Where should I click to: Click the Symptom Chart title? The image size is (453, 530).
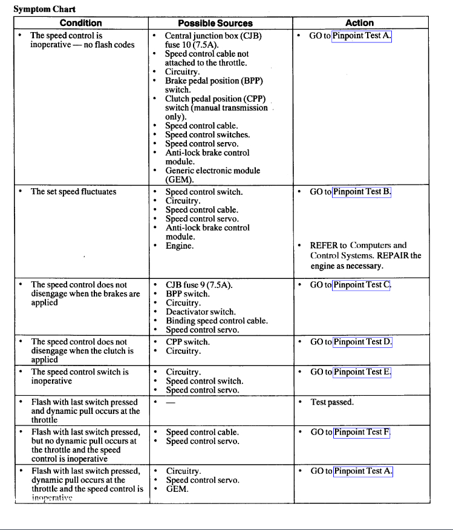coord(41,9)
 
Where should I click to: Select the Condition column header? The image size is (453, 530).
coord(81,23)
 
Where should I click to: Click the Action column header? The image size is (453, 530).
coord(359,23)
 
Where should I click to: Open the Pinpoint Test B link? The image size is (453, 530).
coord(362,192)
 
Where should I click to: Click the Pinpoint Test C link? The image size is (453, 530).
coord(362,284)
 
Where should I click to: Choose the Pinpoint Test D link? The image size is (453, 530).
coord(362,342)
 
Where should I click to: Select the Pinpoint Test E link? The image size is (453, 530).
coord(362,372)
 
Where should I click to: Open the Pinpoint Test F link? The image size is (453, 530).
coord(362,432)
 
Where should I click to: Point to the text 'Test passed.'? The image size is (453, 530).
coord(332,402)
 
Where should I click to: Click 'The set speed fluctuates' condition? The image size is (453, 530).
coord(73,192)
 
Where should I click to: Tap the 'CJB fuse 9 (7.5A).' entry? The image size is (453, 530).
coord(199,284)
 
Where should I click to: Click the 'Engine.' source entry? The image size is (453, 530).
coord(180,246)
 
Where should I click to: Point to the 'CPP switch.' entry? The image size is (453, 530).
coord(187,342)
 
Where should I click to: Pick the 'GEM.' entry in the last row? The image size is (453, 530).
coord(177,489)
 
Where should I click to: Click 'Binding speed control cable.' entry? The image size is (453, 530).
coord(217,321)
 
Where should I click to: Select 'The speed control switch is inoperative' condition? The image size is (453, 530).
coord(80,376)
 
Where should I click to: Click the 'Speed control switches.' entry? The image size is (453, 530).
coord(207,135)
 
